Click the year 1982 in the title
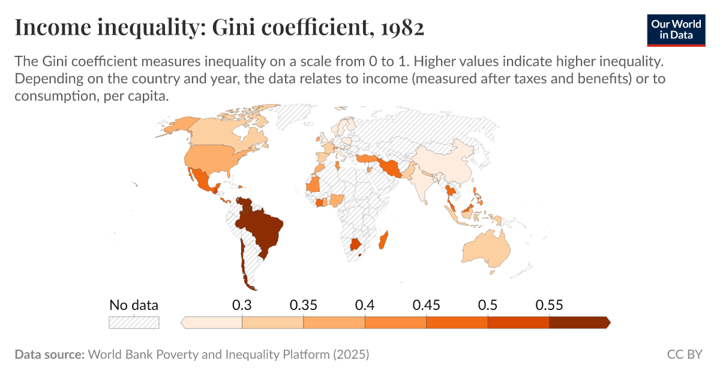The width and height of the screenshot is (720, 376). coord(401,28)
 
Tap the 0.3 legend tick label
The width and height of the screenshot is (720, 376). coord(241,305)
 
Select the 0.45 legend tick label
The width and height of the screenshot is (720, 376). coord(426,305)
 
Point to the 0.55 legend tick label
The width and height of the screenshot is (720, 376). coord(549,305)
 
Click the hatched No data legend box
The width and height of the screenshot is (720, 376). coord(134,322)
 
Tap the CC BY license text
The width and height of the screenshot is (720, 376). coord(684,354)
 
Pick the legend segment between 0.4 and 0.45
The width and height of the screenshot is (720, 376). coord(395,323)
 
